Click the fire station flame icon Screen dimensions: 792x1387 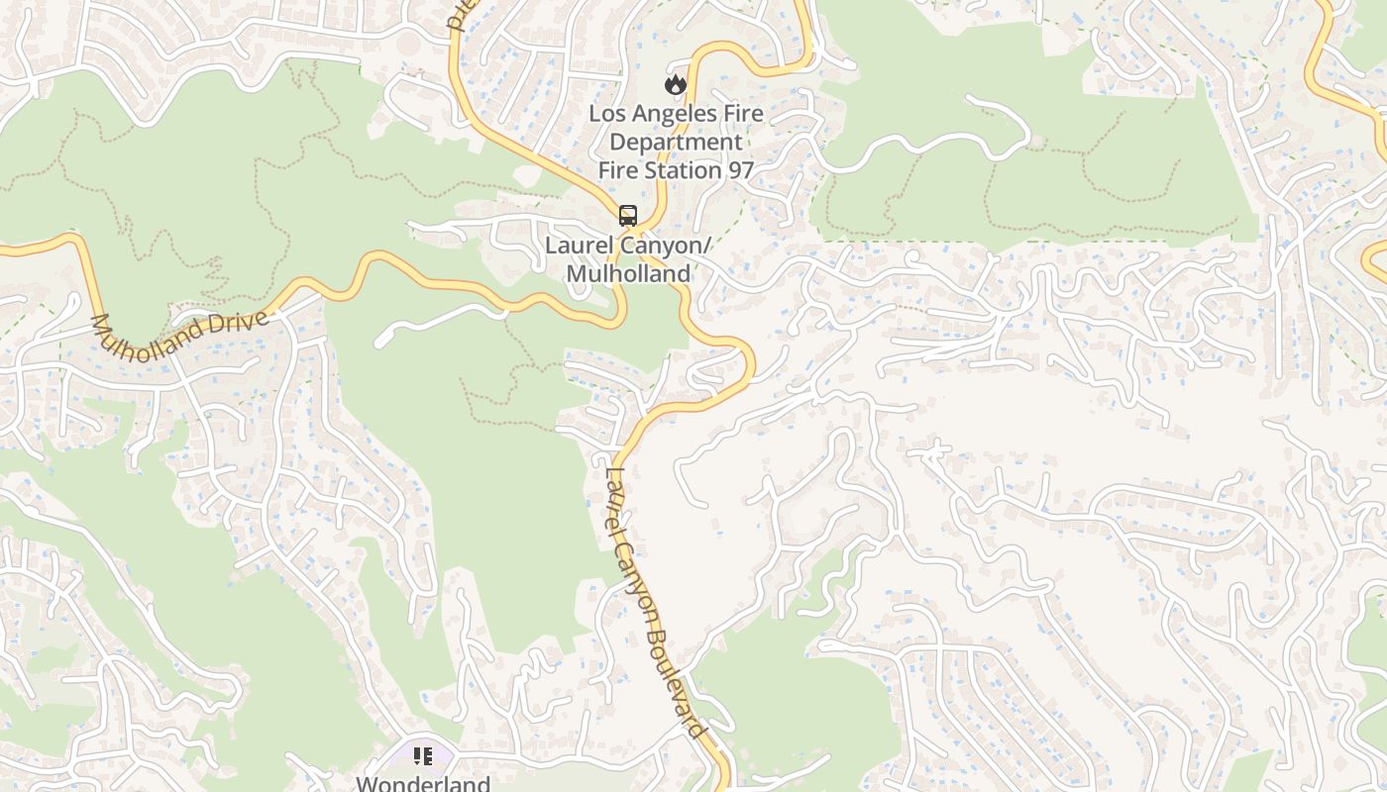point(676,84)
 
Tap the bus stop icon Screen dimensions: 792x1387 point(627,215)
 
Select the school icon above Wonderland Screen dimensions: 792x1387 point(423,757)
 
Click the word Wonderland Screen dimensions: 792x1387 point(423,783)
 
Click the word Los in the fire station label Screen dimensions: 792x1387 point(607,113)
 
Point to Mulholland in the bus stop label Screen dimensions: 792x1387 point(628,273)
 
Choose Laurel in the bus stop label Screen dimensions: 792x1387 point(580,245)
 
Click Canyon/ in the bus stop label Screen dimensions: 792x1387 point(665,245)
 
